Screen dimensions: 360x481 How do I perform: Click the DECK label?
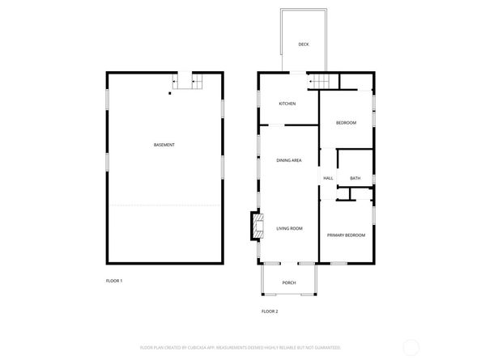coord(304,44)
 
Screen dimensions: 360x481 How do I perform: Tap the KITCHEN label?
coord(287,104)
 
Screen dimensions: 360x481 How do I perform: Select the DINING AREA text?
coord(289,161)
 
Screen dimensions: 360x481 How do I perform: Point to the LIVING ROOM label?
coord(289,229)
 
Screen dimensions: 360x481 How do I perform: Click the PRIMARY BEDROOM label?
coord(346,235)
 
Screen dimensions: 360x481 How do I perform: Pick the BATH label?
coord(355,178)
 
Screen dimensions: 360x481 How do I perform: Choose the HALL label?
coord(328,178)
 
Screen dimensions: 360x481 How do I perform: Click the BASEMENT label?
coord(164,145)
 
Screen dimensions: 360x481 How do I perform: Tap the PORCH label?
coord(288,282)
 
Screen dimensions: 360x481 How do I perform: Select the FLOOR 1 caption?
coord(114,281)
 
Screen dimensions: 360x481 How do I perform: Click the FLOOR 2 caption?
coord(270,311)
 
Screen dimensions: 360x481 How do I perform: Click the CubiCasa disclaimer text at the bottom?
coord(240,347)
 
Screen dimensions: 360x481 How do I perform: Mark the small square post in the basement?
coord(170,94)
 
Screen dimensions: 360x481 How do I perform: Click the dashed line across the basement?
coord(164,205)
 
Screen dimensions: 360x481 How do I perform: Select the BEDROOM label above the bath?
coord(346,122)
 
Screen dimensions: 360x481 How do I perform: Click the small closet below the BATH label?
coord(343,194)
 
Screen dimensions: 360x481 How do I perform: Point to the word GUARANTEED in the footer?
coord(326,347)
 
